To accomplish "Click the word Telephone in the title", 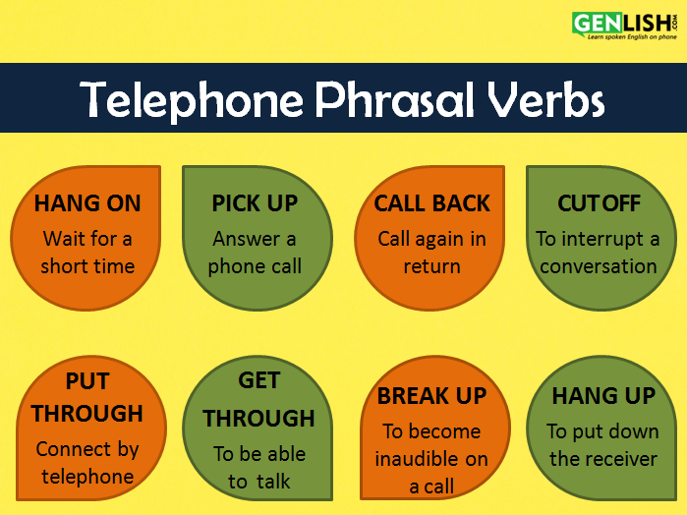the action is (x=192, y=99).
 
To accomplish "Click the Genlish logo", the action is (x=625, y=26).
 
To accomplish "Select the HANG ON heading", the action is (x=87, y=203).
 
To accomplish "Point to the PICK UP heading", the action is (x=255, y=203).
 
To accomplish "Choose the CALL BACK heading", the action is (x=431, y=203).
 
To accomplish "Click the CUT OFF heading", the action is (x=599, y=203).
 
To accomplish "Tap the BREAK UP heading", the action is (x=431, y=396).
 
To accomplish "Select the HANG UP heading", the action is (x=603, y=396).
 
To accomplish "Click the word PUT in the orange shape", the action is (x=87, y=381).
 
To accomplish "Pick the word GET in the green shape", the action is (x=258, y=380).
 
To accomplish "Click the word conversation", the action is (x=599, y=266).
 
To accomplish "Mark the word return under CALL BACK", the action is (x=432, y=266).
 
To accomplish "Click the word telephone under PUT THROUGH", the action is (x=87, y=477).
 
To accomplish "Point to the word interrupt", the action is (x=602, y=240).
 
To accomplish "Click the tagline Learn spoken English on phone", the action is (x=632, y=36).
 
